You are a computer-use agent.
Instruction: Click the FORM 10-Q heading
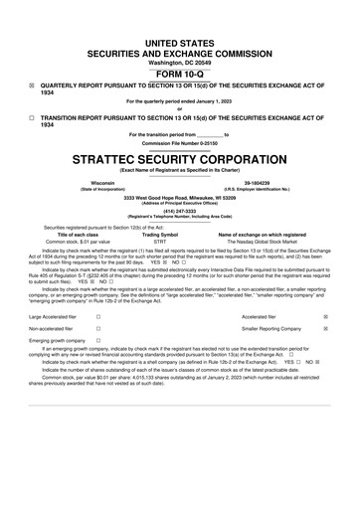coord(179,74)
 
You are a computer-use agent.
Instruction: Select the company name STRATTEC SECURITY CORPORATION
coord(179,158)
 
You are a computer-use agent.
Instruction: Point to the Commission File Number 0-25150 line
coord(179,142)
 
